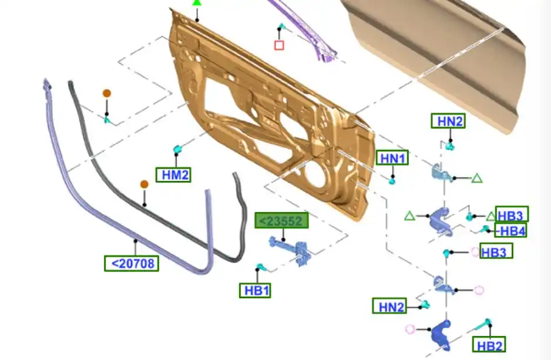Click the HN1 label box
392,158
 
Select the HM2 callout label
174,174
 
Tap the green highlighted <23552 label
281,220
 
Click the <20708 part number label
132,264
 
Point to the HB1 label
255,291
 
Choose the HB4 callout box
510,230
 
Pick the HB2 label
489,345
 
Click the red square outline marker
279,45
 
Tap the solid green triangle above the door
197,2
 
